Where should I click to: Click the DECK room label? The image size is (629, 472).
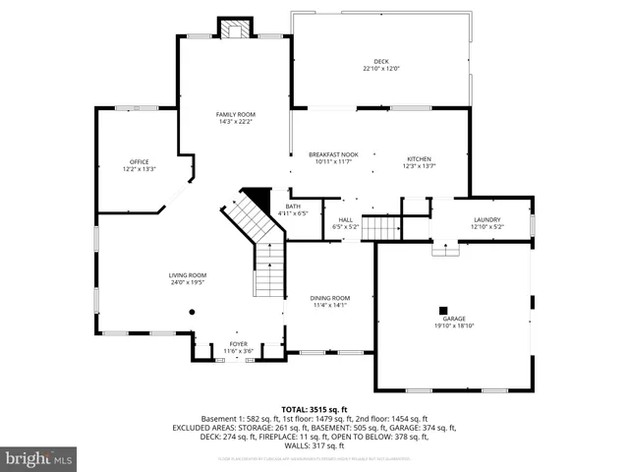click(x=380, y=61)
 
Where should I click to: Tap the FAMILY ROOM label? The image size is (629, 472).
click(x=235, y=114)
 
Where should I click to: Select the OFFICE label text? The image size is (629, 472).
click(x=140, y=161)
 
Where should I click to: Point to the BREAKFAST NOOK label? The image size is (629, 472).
click(x=333, y=154)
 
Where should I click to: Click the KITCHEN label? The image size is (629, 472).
click(x=420, y=159)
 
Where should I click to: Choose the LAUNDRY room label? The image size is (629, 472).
click(x=486, y=219)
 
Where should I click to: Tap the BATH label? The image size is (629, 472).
click(x=293, y=206)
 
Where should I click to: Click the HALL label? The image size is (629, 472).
click(x=346, y=219)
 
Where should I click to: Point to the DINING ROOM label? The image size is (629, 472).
click(x=329, y=298)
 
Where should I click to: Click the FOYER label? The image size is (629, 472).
click(x=239, y=343)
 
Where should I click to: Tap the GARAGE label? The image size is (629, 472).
click(x=453, y=319)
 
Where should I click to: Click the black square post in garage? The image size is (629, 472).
click(x=443, y=309)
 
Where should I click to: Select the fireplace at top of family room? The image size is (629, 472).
click(x=235, y=29)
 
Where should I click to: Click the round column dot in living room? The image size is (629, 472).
click(x=192, y=312)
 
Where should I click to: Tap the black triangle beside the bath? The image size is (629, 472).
click(x=257, y=196)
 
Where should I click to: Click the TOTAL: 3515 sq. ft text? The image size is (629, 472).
click(x=314, y=409)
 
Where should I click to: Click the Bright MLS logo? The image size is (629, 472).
click(x=39, y=457)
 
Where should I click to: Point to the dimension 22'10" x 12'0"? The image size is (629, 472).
click(x=380, y=68)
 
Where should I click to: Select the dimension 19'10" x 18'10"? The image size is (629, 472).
click(x=453, y=325)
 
